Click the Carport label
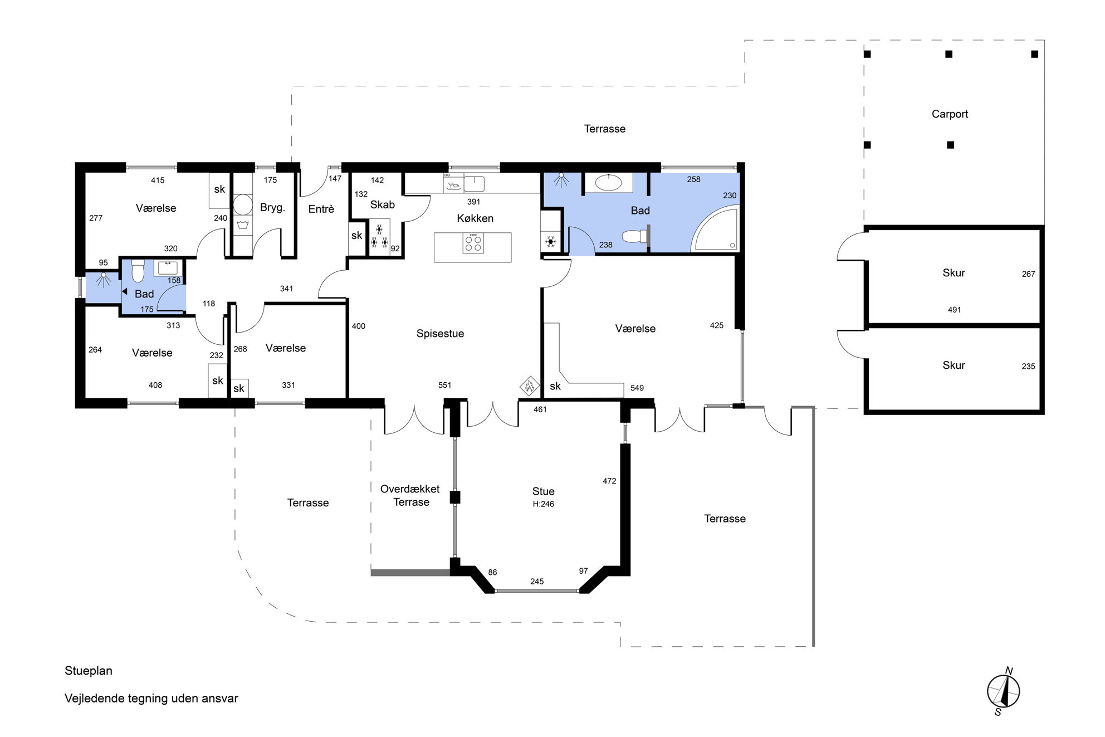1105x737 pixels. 950,114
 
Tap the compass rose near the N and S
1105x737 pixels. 1003,692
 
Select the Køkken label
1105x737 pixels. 475,218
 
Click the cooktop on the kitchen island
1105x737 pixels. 473,243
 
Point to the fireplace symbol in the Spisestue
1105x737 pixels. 529,385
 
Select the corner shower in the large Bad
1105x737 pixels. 715,229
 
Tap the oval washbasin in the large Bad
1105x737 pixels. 608,183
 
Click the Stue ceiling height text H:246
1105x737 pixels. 543,504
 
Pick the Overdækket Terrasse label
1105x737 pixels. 410,495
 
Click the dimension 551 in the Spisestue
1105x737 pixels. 444,385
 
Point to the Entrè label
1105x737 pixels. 321,209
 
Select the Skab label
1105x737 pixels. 383,204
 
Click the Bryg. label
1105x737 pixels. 272,208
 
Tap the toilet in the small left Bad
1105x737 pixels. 138,271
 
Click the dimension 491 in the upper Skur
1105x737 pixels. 954,310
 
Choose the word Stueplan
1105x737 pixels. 89,671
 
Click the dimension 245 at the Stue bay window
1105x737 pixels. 537,582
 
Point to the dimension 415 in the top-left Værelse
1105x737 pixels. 158,180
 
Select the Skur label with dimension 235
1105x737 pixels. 954,365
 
